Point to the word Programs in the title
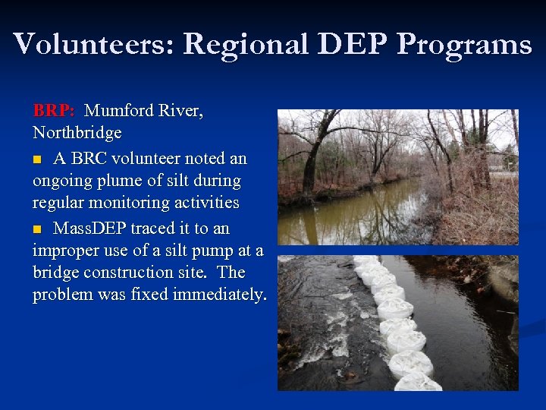(464, 46)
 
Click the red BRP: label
(53, 111)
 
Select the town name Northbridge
(77, 133)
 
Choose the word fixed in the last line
(148, 295)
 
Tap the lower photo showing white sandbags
(397, 323)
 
